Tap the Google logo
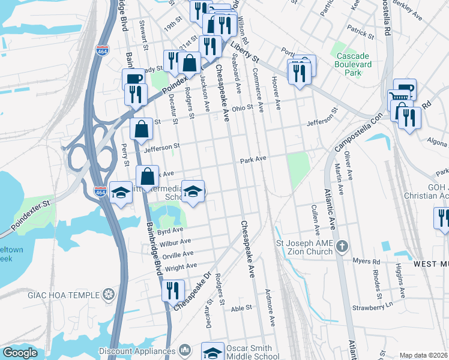tap(20, 353)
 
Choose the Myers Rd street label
tap(367, 262)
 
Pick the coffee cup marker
tap(133, 79)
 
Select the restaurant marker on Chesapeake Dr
tap(173, 290)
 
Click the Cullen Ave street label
tap(315, 218)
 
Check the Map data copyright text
tap(423, 355)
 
